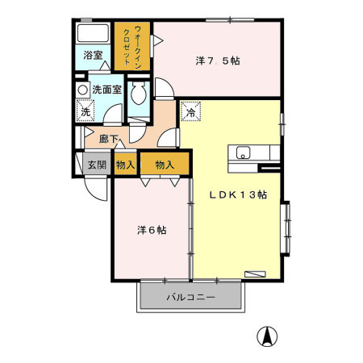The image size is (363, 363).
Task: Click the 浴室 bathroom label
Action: [x=93, y=56]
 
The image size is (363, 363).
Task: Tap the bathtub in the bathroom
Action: [x=93, y=35]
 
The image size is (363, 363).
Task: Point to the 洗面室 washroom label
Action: [x=106, y=90]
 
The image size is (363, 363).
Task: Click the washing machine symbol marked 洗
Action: [x=85, y=112]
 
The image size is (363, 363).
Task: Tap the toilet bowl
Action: [x=136, y=94]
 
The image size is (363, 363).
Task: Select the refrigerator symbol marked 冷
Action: [x=190, y=111]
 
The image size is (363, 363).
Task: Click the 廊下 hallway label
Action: [x=109, y=139]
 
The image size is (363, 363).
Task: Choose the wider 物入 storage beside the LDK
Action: [x=165, y=164]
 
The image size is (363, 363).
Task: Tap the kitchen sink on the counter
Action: [x=242, y=152]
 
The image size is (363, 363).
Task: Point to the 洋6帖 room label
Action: [x=151, y=230]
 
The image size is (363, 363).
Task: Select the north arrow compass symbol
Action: [x=263, y=335]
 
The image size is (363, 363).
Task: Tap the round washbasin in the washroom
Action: [x=83, y=90]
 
